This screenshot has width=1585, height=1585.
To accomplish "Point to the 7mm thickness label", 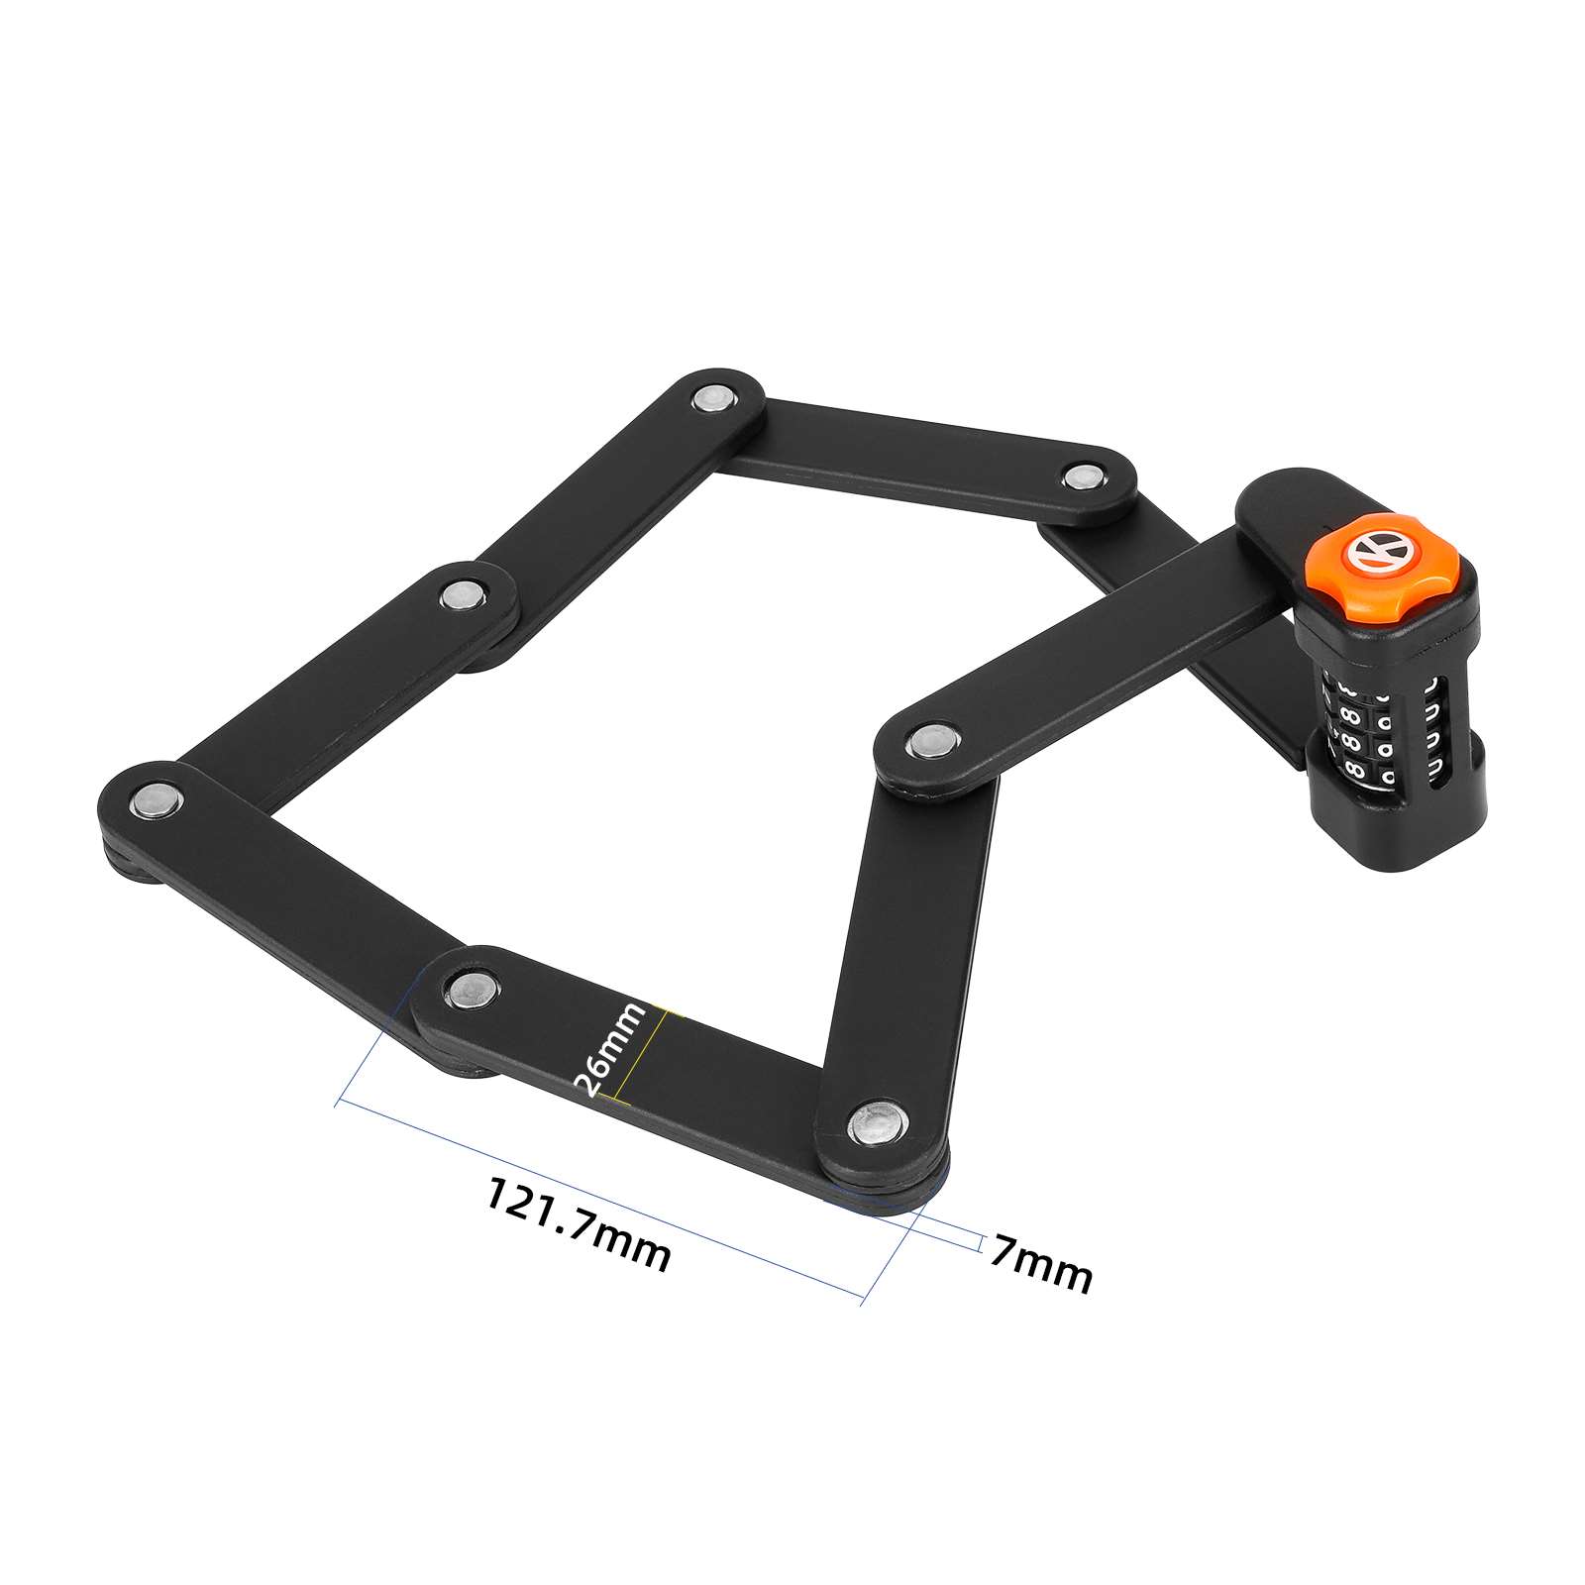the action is [x=1041, y=1263].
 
